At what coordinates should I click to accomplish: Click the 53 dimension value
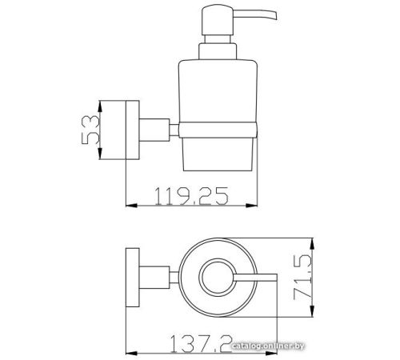click(90, 130)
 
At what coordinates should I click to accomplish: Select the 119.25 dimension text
click(191, 196)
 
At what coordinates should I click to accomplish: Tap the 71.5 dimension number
click(302, 277)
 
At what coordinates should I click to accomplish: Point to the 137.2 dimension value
click(201, 344)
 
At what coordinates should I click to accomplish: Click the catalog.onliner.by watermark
click(268, 346)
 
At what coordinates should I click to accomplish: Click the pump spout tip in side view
click(275, 16)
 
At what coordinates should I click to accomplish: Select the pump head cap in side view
click(218, 20)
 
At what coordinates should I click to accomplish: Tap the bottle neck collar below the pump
click(218, 51)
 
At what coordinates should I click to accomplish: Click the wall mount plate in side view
click(132, 130)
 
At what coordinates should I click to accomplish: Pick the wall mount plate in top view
click(132, 278)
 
